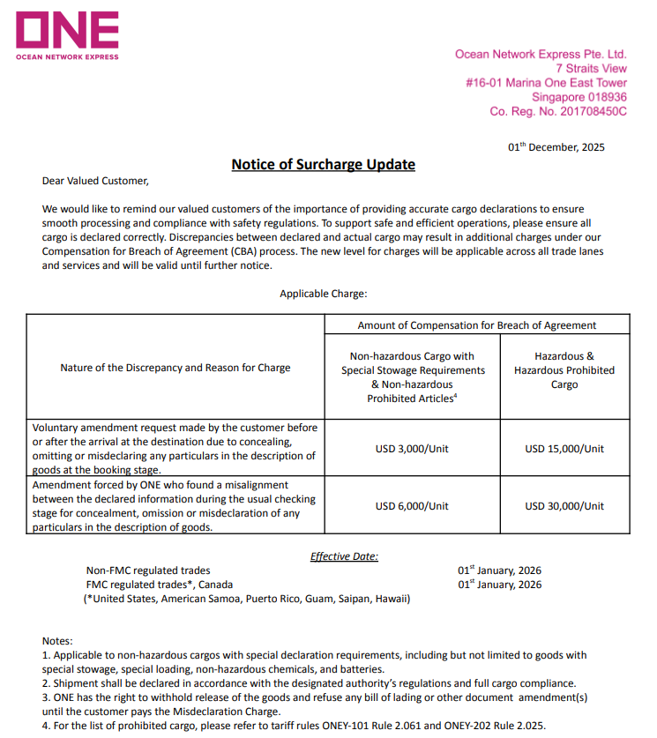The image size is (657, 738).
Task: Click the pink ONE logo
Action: click(68, 33)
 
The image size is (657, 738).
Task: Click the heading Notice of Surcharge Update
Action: click(323, 165)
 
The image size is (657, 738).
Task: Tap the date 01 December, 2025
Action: click(556, 147)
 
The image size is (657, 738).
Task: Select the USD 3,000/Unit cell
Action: click(412, 449)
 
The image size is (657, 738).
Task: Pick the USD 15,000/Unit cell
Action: click(564, 449)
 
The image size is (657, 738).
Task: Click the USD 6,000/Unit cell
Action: click(412, 505)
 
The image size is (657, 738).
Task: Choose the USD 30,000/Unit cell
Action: click(564, 505)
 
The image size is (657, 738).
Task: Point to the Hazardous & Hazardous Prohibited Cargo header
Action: click(564, 370)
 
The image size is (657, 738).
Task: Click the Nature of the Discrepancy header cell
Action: click(175, 368)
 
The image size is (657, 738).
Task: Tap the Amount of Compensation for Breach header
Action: click(477, 325)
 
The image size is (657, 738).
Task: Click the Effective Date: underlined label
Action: click(344, 556)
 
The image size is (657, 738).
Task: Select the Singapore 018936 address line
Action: click(579, 97)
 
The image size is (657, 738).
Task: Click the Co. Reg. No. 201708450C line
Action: click(558, 112)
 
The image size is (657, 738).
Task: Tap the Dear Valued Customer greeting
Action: click(96, 181)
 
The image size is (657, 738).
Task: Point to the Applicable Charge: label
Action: click(324, 294)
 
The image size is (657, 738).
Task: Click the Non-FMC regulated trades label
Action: click(148, 570)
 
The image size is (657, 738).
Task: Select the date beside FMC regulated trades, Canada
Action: click(499, 585)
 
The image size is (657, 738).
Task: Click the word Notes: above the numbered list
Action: click(57, 641)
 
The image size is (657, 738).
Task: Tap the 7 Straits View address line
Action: click(591, 68)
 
